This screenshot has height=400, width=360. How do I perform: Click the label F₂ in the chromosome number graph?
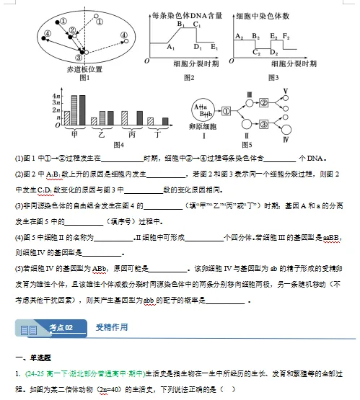pos(286,35)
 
